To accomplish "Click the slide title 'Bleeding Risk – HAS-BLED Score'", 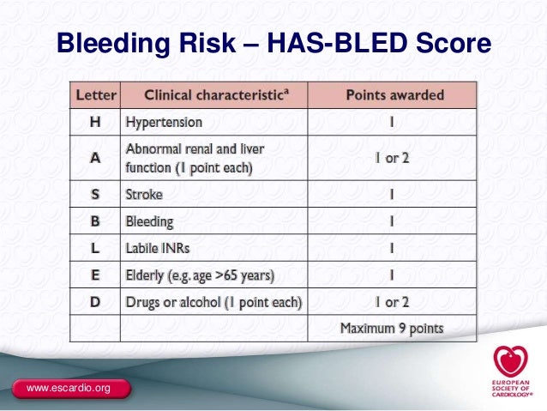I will (273, 42).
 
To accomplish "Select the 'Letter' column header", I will (96, 94).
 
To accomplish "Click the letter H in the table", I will (96, 122).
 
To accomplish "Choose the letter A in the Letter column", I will (96, 157).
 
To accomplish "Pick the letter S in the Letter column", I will (96, 194).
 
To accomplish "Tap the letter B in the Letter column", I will (96, 221).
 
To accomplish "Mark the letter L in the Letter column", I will (96, 249).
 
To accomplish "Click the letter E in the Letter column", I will (96, 275).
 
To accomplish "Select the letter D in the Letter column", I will (96, 302).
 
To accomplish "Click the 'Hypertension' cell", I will (164, 122).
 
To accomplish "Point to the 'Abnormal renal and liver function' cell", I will (195, 158).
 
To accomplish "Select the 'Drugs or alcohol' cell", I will (213, 302).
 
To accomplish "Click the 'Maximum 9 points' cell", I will (392, 328).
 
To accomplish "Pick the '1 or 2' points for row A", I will (391, 158).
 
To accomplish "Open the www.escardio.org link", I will (69, 390).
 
